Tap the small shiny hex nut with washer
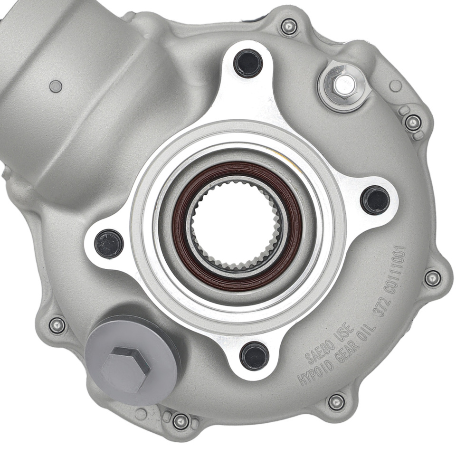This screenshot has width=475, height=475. (342, 85)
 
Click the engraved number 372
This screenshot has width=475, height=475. (380, 309)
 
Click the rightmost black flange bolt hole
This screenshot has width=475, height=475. (375, 200)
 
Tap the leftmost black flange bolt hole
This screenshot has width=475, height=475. (109, 243)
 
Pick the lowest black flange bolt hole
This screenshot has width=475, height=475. (254, 356)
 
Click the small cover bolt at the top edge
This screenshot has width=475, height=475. (289, 26)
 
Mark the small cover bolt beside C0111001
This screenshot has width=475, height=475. (432, 278)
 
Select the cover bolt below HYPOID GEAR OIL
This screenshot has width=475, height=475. (336, 402)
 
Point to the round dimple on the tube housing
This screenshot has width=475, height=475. (56, 86)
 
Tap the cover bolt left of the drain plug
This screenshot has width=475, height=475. (57, 325)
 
